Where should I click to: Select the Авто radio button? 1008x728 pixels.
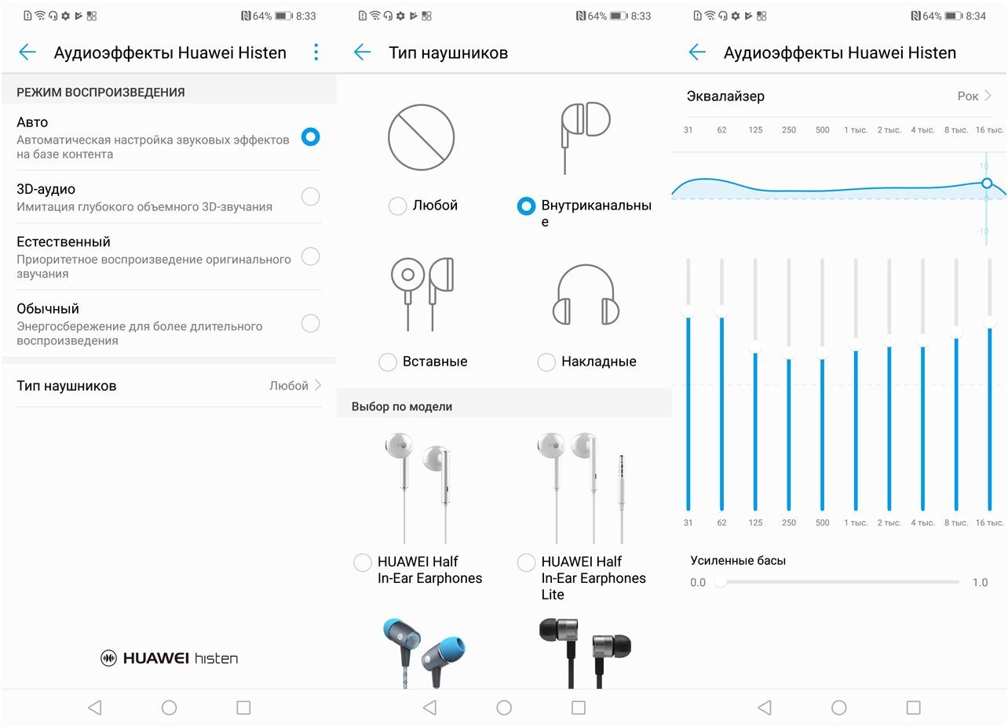pyautogui.click(x=311, y=136)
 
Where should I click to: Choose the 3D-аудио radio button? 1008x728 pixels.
pyautogui.click(x=311, y=196)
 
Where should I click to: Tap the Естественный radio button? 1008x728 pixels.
pyautogui.click(x=311, y=257)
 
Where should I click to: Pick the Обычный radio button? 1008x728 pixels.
pyautogui.click(x=311, y=323)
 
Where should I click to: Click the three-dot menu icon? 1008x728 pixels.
pyautogui.click(x=316, y=52)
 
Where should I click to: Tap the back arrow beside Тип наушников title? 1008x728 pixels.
pyautogui.click(x=362, y=52)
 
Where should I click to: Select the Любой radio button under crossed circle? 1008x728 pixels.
pyautogui.click(x=397, y=206)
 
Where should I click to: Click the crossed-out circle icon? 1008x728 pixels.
pyautogui.click(x=422, y=137)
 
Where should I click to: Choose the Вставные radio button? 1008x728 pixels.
pyautogui.click(x=388, y=362)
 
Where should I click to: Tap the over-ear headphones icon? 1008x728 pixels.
pyautogui.click(x=586, y=294)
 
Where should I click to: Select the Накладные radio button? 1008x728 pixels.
pyautogui.click(x=546, y=362)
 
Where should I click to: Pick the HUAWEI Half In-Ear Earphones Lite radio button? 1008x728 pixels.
pyautogui.click(x=526, y=562)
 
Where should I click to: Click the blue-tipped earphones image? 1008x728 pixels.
pyautogui.click(x=424, y=653)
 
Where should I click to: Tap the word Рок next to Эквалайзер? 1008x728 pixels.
pyautogui.click(x=967, y=96)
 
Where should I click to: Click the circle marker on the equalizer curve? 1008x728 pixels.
pyautogui.click(x=987, y=183)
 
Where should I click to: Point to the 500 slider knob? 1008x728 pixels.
pyautogui.click(x=822, y=352)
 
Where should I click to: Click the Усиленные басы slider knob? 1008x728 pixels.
pyautogui.click(x=721, y=582)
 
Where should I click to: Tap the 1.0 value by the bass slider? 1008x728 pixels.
pyautogui.click(x=980, y=582)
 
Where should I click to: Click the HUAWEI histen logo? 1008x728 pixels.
pyautogui.click(x=170, y=658)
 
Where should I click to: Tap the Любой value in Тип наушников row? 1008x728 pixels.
pyautogui.click(x=288, y=386)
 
